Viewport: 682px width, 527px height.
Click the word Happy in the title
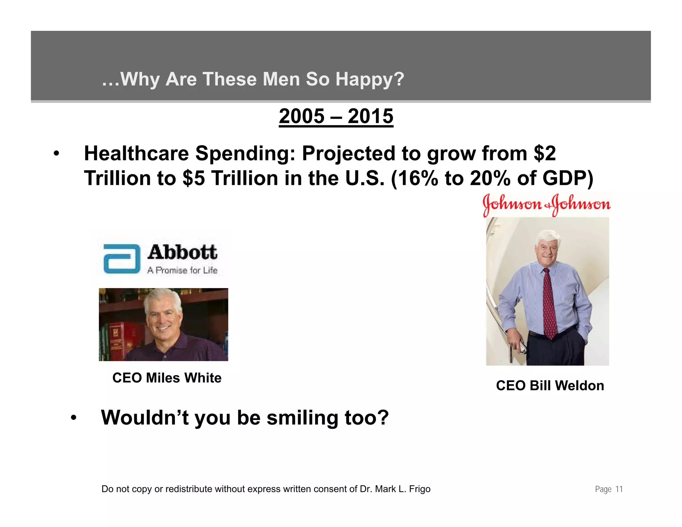(x=369, y=79)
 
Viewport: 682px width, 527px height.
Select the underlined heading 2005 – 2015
(x=336, y=116)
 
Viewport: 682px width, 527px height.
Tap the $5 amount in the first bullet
(x=193, y=178)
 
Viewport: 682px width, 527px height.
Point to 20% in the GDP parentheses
(x=490, y=178)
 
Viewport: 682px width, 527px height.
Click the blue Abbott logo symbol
(x=122, y=259)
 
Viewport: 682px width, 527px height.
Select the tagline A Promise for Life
(x=182, y=270)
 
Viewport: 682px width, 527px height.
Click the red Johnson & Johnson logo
(x=546, y=204)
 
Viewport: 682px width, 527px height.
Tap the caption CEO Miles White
(x=167, y=378)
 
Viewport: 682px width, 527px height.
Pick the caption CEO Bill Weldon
(x=550, y=386)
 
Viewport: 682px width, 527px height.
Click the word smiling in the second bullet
(x=302, y=418)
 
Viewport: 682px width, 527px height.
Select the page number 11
(x=619, y=489)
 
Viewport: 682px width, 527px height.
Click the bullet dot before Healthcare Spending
(x=56, y=154)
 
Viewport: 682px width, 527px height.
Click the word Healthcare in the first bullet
(x=136, y=154)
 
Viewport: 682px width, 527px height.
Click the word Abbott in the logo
(x=182, y=252)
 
